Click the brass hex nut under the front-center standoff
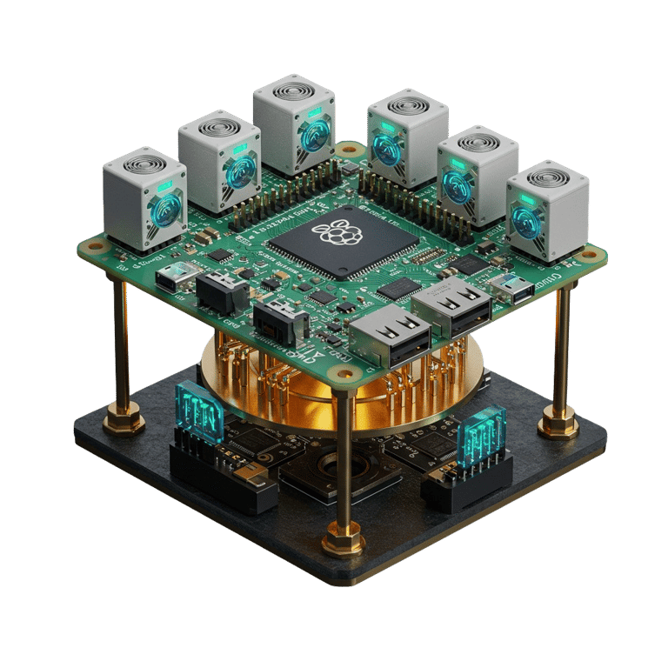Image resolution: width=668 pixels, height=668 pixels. coord(343,539)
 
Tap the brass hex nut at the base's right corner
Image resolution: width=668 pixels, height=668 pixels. coord(558,425)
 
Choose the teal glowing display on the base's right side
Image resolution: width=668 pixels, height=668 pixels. coord(481,431)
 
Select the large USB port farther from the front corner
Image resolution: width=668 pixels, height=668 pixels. coord(450,308)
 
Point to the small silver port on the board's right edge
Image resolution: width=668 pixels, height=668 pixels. coord(512,287)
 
